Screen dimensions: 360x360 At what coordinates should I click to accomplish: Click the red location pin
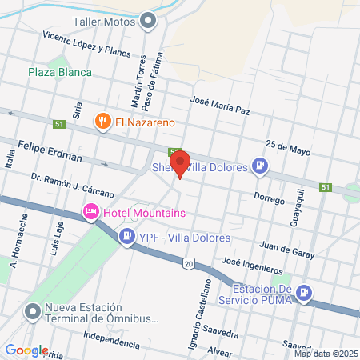point(180,163)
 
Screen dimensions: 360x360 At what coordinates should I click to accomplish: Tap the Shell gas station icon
point(259,166)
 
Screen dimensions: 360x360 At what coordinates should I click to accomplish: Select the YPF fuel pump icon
point(126,237)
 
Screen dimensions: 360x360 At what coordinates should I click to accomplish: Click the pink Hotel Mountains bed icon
point(91,212)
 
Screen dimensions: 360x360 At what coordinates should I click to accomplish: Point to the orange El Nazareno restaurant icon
point(102,122)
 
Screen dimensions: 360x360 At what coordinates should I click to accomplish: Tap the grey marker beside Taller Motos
point(148,22)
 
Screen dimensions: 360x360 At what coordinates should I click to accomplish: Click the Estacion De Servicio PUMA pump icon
point(304,294)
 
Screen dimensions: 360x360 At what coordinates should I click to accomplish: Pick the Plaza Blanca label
point(60,72)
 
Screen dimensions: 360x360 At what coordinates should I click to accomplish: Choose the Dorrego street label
point(269,197)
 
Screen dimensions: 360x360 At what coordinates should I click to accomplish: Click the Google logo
point(27,350)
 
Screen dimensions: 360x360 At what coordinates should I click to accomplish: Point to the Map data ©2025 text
point(324,354)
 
